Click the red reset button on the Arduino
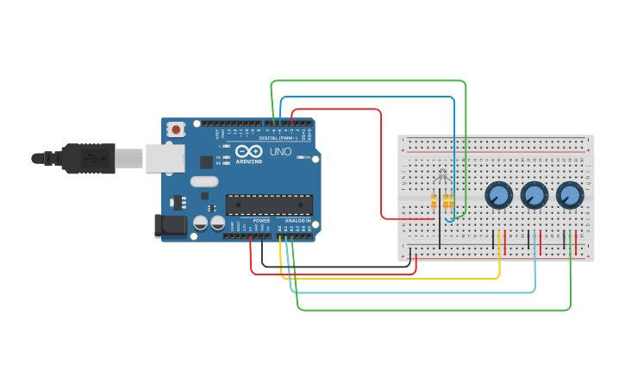[177, 129]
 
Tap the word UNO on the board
[280, 152]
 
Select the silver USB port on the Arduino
[165, 158]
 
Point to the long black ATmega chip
[269, 205]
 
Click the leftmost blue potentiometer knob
[498, 195]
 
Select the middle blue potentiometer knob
[534, 195]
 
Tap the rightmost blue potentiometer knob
[569, 195]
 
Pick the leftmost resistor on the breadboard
[434, 201]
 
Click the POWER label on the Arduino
[261, 221]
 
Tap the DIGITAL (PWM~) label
[278, 138]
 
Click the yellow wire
[388, 278]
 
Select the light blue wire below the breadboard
[414, 293]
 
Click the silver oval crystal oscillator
[204, 181]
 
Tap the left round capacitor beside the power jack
[200, 223]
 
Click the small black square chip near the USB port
[206, 161]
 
